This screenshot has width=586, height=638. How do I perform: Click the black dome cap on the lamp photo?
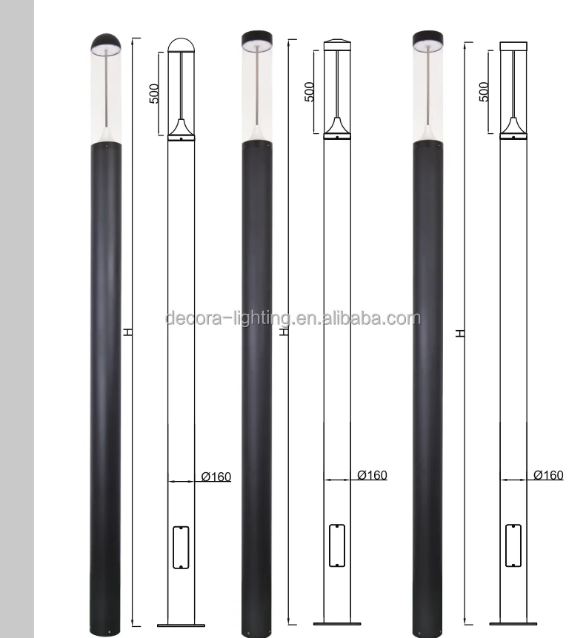pos(104,43)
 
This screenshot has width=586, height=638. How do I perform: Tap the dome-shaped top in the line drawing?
pos(181,45)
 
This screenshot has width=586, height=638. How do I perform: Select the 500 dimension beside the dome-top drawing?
pos(155,93)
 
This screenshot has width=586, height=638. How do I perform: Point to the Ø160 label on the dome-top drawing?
pos(216,477)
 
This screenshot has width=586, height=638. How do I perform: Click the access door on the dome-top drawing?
pos(182,547)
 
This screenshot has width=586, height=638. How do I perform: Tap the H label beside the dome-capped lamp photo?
pos(128,332)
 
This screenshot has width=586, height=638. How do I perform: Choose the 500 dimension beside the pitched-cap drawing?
pos(310,91)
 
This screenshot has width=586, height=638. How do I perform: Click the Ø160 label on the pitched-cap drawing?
pos(372,475)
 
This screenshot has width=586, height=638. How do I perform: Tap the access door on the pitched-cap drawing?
pos(337,545)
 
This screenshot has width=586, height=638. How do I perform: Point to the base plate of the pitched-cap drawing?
pos(337,623)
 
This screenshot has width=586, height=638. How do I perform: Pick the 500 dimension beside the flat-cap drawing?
pos(484,92)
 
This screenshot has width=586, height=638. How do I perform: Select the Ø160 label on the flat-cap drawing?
pos(548,475)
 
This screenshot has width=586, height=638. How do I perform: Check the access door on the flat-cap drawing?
pos(513,545)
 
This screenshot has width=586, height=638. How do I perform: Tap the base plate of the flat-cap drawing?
pos(513,623)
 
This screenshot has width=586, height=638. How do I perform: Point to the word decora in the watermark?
pos(190,319)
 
